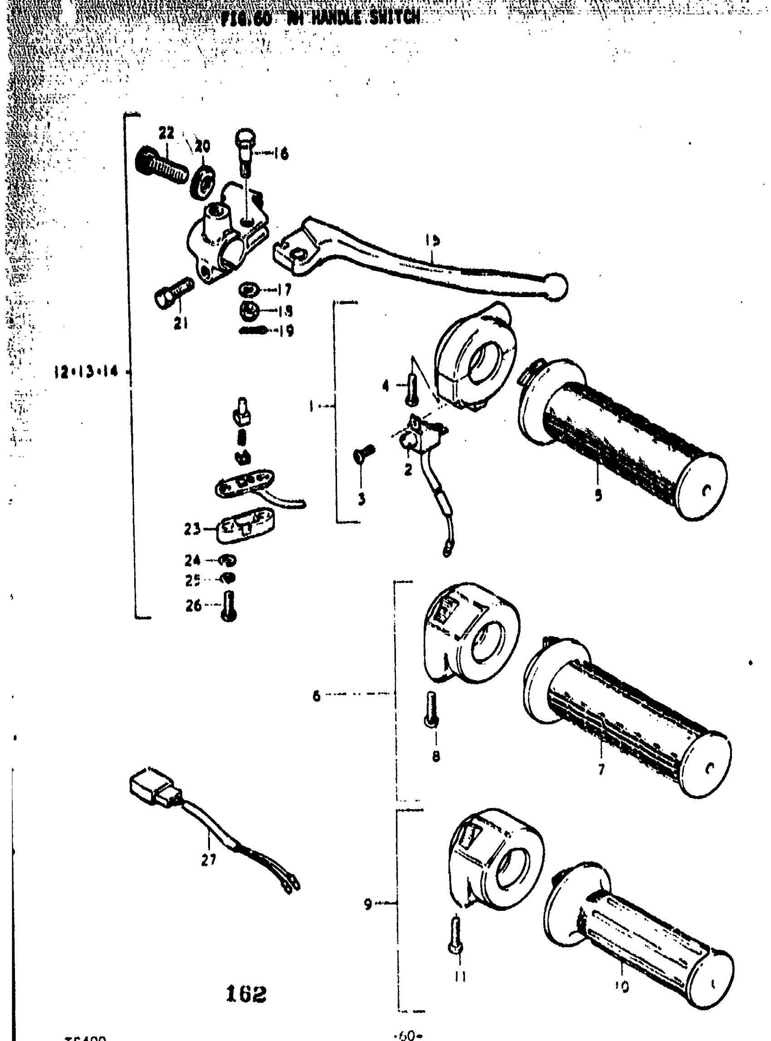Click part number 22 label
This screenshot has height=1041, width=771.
pyautogui.click(x=166, y=134)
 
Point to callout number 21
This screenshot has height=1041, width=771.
pyautogui.click(x=181, y=323)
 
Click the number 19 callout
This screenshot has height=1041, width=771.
pyautogui.click(x=286, y=331)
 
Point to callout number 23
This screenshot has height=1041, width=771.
pyautogui.click(x=192, y=529)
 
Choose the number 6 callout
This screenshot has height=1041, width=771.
pyautogui.click(x=317, y=696)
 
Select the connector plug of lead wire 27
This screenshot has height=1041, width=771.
pyautogui.click(x=155, y=791)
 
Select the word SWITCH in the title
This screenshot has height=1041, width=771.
pyautogui.click(x=395, y=18)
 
